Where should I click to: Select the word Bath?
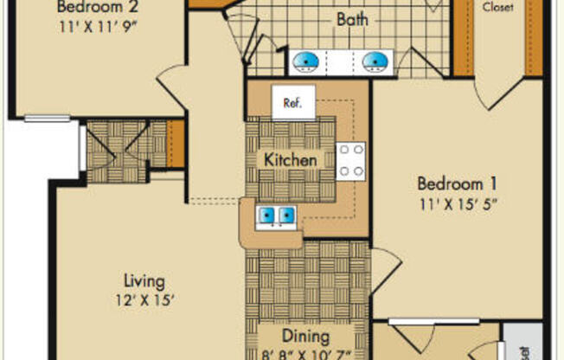tap(350, 18)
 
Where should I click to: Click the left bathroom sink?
tap(304, 61)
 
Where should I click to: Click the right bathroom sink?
tap(374, 61)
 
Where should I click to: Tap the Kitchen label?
tap(289, 160)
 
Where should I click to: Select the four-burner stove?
tap(350, 160)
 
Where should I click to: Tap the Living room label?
tap(144, 281)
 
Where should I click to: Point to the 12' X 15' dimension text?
tap(144, 301)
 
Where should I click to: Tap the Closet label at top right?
tap(497, 7)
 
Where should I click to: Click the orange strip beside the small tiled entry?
tap(176, 143)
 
